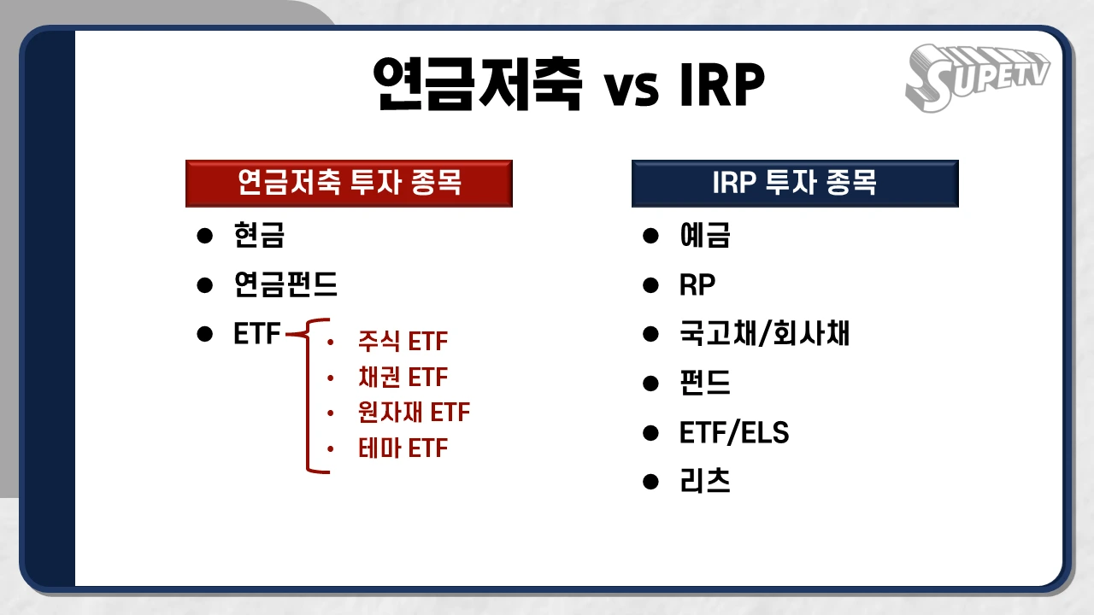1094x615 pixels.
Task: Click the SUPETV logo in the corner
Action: (x=977, y=75)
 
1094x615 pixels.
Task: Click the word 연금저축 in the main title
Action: (x=478, y=83)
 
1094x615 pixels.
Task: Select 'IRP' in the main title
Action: (x=722, y=85)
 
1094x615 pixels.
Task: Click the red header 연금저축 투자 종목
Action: (x=349, y=183)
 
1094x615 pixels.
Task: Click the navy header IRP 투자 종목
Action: (x=795, y=183)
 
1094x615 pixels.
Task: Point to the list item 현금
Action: (x=259, y=235)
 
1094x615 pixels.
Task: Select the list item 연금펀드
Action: (x=285, y=284)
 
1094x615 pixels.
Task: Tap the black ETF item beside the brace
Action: (x=256, y=334)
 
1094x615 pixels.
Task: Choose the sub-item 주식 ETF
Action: (x=403, y=342)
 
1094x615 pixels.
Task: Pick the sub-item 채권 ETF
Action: (x=403, y=378)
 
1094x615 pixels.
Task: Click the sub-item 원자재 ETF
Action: (x=414, y=413)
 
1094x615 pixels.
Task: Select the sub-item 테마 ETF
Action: (x=403, y=448)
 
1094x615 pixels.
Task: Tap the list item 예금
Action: (x=704, y=235)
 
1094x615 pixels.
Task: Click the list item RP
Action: (x=697, y=284)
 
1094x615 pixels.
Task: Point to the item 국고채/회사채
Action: (x=764, y=334)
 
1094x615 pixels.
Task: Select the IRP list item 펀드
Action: (x=704, y=384)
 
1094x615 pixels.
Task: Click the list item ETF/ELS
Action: (x=734, y=433)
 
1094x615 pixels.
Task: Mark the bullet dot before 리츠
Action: (x=651, y=483)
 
